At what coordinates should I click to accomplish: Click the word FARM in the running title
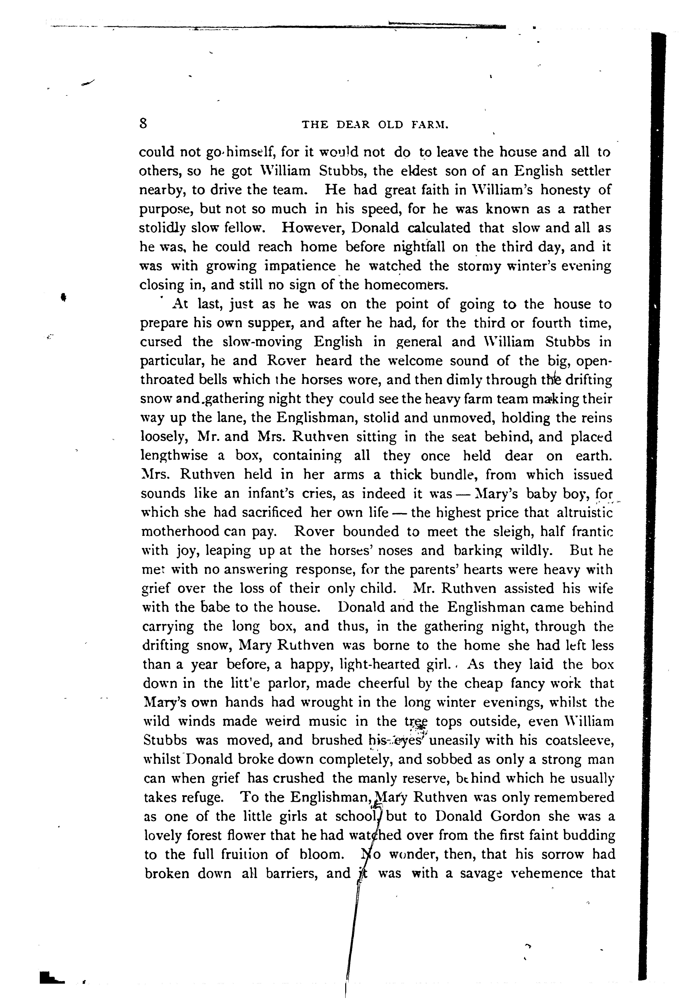click(430, 125)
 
